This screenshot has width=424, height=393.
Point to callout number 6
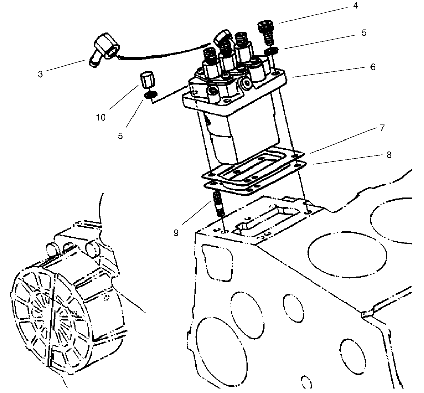point(374,66)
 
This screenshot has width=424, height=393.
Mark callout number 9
point(176,233)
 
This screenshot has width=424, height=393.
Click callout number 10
point(100,118)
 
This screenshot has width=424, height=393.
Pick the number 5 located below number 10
point(121,136)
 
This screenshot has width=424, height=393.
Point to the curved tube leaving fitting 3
point(163,53)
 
